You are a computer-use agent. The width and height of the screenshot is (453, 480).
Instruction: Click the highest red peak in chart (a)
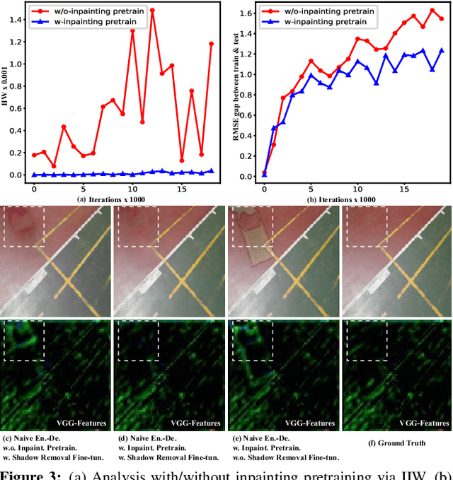[152, 11]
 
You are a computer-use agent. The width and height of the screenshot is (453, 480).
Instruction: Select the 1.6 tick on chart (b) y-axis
[246, 13]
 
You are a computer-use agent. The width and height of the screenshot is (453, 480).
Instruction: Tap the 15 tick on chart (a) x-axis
[182, 189]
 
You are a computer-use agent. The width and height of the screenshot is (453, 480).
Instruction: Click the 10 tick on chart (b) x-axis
[358, 189]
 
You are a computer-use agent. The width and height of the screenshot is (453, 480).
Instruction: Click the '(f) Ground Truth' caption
[398, 443]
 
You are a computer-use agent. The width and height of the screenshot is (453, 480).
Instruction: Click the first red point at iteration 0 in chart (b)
[264, 172]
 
